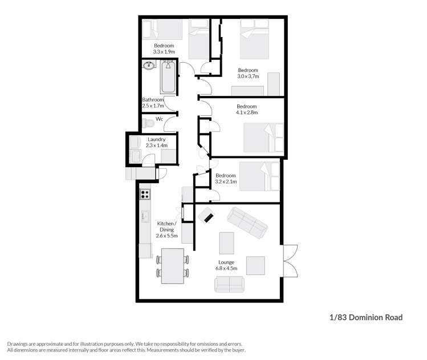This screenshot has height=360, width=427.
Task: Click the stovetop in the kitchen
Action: [x=145, y=194]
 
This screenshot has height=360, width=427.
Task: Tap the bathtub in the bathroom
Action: [x=168, y=78]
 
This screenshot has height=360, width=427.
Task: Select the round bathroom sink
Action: [x=149, y=66]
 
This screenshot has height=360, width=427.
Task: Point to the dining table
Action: [x=172, y=266]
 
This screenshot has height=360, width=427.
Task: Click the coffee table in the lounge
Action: [x=226, y=242]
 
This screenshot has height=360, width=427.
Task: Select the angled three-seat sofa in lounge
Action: [x=247, y=223]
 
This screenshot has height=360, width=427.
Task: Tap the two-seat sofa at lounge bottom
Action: [x=229, y=284]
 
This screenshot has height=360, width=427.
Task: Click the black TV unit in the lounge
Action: [x=206, y=216]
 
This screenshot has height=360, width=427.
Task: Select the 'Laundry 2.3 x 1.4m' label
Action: [x=157, y=143]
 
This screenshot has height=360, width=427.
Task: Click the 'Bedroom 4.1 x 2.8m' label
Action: [x=246, y=110]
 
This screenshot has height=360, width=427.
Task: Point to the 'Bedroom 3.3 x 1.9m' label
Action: [x=164, y=48]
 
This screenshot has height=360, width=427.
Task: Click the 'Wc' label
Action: [x=160, y=119]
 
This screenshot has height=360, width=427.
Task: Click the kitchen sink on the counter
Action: [x=145, y=216]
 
